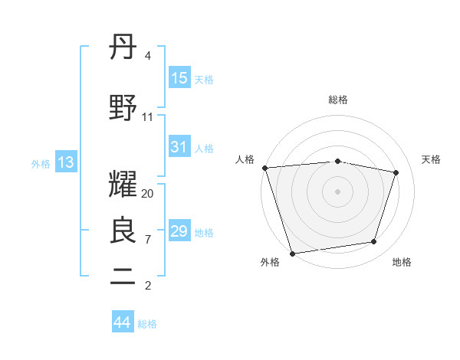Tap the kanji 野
(x=123, y=108)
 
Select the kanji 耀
(x=123, y=185)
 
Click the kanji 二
(x=123, y=277)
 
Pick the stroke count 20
(x=148, y=194)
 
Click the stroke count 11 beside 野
(x=148, y=117)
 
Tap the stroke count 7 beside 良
(x=148, y=240)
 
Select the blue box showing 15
(x=179, y=78)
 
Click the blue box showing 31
(x=179, y=147)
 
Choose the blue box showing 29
(x=179, y=231)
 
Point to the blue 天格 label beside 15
(x=204, y=80)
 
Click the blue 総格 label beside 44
(x=147, y=324)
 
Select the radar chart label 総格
(x=338, y=100)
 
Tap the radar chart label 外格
(x=270, y=263)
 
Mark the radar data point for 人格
(x=264, y=168)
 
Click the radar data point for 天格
(x=396, y=172)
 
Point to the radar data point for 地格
(x=374, y=242)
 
